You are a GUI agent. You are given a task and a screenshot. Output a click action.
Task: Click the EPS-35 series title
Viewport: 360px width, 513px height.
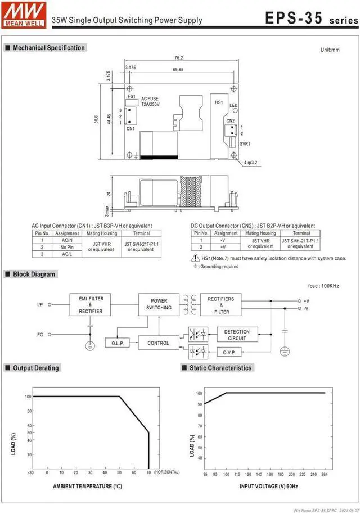click(311, 18)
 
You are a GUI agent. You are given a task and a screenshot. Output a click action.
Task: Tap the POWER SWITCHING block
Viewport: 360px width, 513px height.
click(159, 304)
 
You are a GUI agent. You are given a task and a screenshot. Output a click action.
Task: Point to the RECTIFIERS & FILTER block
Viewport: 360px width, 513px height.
click(222, 304)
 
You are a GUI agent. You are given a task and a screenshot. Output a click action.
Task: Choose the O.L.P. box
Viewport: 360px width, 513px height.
click(117, 343)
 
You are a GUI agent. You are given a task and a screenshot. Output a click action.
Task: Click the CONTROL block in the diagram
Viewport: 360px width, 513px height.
click(158, 343)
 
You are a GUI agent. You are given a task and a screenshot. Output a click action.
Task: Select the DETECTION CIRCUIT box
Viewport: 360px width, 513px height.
click(237, 335)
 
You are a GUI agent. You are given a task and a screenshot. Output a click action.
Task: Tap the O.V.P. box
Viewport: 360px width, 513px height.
click(237, 353)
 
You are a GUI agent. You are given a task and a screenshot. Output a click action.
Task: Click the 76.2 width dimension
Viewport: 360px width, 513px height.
click(179, 58)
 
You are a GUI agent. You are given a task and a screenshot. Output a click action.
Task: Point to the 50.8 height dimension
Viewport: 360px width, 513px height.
click(97, 120)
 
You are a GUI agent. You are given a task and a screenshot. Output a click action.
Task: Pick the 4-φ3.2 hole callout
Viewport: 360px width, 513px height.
click(250, 163)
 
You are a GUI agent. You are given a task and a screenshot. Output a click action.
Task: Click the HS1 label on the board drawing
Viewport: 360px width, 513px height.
click(219, 102)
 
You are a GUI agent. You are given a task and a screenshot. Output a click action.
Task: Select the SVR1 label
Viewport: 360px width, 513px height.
click(245, 144)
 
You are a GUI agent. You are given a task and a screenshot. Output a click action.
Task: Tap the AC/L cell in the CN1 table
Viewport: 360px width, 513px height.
click(67, 254)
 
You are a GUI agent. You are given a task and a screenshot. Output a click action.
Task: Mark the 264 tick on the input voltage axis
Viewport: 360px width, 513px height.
click(324, 474)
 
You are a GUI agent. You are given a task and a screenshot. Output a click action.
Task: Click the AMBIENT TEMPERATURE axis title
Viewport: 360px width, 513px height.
click(87, 485)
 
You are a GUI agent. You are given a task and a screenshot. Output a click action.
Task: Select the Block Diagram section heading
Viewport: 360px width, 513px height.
click(34, 274)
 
